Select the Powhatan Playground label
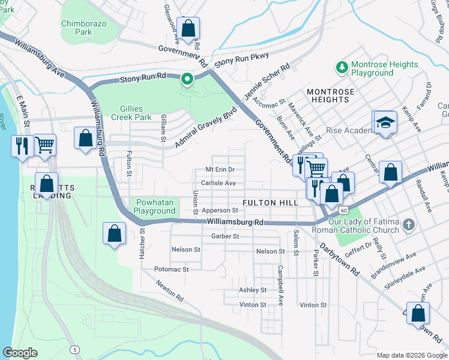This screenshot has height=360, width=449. coord(154,206)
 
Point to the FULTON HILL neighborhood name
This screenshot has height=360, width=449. coord(270,203)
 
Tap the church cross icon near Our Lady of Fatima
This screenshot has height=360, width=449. coord(408,225)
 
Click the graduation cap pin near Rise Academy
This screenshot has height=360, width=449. coord(385,123)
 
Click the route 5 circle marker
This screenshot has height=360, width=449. coord(74,349)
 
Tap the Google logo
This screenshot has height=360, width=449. coord(20,353)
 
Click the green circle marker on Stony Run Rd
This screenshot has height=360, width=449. coord(187,78)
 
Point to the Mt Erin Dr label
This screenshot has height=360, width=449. coord(224,169)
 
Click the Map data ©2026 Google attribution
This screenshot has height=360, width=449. coord(412,355)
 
